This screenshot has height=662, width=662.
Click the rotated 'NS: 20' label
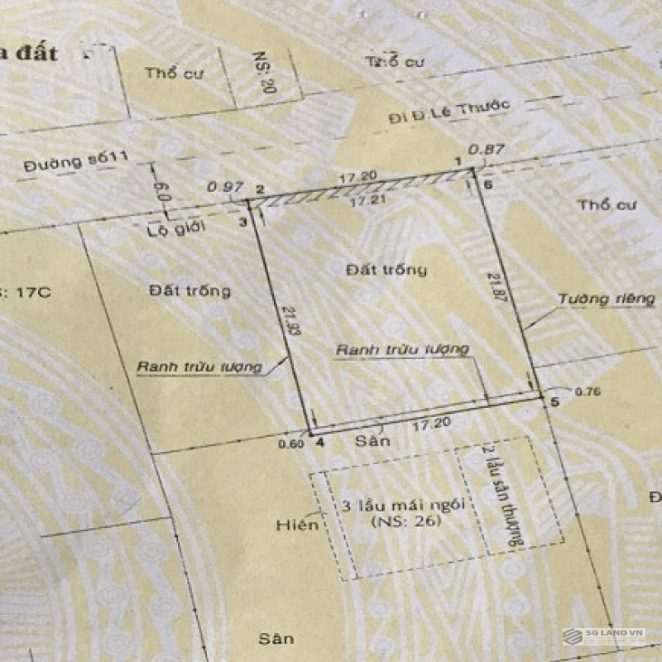coord(266,74)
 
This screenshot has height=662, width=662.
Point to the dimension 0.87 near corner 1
coord(487,150)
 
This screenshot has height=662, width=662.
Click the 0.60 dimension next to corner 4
coord(294,443)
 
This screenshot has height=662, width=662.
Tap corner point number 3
coord(242,221)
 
